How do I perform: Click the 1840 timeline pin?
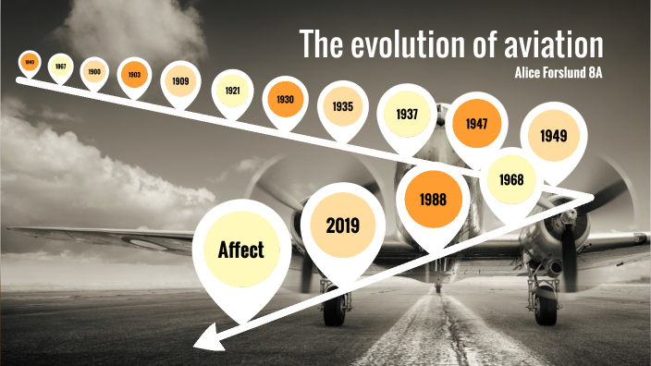(30, 63)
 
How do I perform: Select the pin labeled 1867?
(60, 67)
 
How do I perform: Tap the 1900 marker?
(93, 71)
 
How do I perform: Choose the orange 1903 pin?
(133, 74)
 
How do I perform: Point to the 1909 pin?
(180, 80)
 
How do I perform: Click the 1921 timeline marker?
(232, 90)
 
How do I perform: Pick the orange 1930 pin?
(284, 97)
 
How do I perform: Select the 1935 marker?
(343, 106)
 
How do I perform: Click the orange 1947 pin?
(475, 122)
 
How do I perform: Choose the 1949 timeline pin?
(553, 136)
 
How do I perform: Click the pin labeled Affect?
(241, 250)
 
